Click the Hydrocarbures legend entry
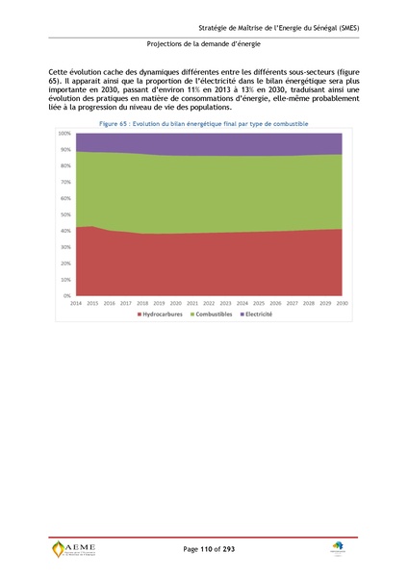coord(165,314)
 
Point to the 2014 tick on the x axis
coord(76,302)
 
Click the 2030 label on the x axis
coord(343,302)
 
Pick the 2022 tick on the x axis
coord(210,302)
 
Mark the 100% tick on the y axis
coord(64,133)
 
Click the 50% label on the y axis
coord(65,214)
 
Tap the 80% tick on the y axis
coord(65,165)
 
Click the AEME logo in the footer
coord(74,549)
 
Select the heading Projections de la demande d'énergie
coord(204,44)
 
